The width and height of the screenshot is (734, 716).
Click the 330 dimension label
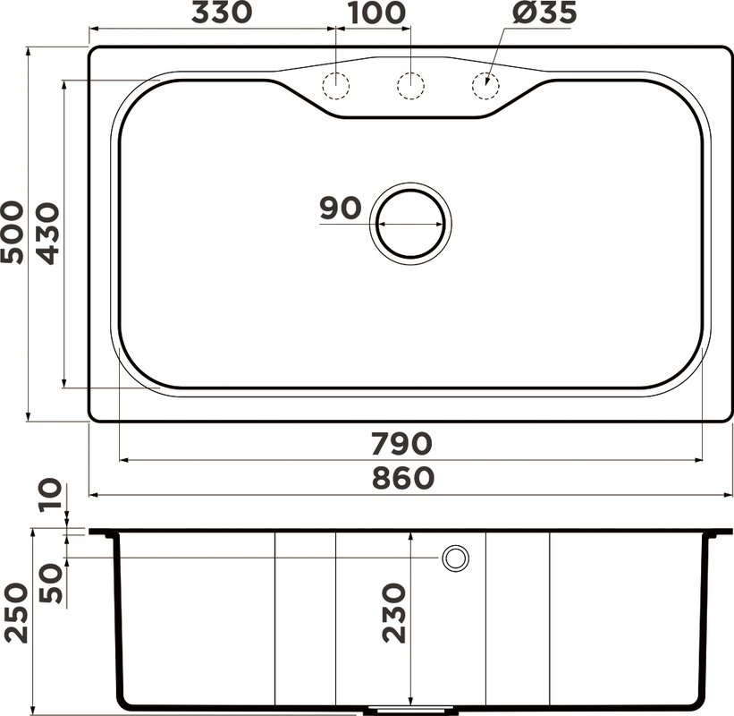pos(222,13)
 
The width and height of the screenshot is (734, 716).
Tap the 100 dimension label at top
pos(376,13)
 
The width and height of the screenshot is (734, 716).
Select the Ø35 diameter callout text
pos(544,13)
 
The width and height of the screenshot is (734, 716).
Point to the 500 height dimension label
pos(13,233)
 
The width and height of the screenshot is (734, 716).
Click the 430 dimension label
pos(48,234)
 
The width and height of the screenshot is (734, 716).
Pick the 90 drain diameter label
pos(341,208)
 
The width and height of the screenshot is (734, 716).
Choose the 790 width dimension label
pos(401,444)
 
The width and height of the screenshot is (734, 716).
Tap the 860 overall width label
pos(403,479)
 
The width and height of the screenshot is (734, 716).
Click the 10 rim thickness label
pos(51,494)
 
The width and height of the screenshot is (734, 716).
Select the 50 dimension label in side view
pos(51,583)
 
